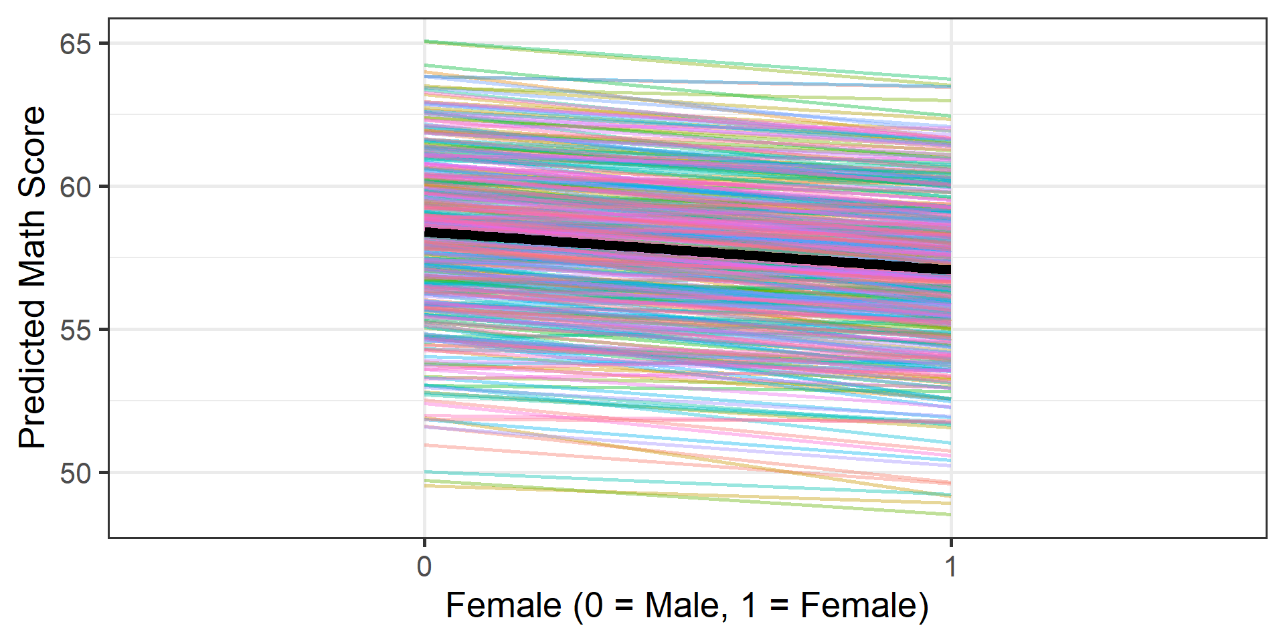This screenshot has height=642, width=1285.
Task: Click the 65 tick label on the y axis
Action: click(75, 44)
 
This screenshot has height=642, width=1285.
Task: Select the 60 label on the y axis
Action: click(75, 187)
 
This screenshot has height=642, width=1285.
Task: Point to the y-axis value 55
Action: click(75, 330)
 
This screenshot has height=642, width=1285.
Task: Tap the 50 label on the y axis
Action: click(75, 473)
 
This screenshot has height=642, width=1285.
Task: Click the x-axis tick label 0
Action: click(424, 566)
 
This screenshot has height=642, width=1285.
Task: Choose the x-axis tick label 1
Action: click(950, 566)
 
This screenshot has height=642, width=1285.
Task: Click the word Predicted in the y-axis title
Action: click(32, 374)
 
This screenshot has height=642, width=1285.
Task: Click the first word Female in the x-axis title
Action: click(503, 606)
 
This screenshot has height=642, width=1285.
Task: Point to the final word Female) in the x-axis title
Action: click(865, 606)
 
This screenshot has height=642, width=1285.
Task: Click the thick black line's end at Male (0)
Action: click(426, 233)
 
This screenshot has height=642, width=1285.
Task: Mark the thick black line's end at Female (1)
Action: click(950, 269)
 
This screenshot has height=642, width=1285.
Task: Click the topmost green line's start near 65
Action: click(426, 41)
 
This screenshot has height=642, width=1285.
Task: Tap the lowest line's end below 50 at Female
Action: click(950, 514)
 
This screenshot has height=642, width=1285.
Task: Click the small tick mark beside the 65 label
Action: click(104, 43)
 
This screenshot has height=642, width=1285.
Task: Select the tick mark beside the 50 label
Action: click(104, 473)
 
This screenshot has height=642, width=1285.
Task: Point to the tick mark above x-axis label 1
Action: click(951, 541)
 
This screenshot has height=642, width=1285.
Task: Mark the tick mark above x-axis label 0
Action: click(424, 541)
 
